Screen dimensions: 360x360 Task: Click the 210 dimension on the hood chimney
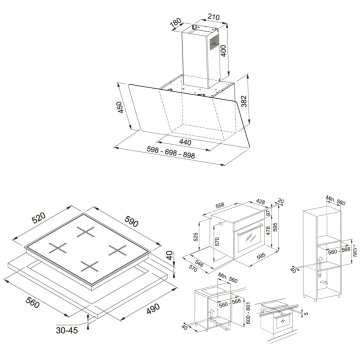(213, 16)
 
